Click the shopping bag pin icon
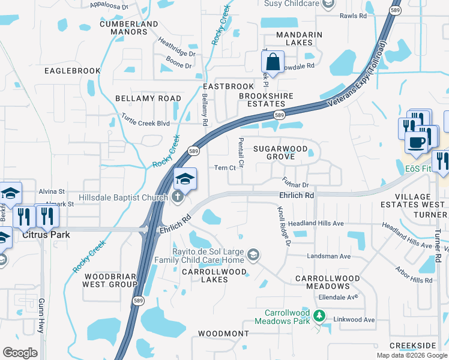(273, 62)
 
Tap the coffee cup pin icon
(416, 142)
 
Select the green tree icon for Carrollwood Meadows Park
(321, 316)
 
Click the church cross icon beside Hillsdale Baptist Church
(177, 197)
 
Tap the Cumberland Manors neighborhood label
(128, 28)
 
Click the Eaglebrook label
(73, 71)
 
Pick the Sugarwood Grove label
(280, 152)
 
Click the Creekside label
(412, 346)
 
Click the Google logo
(20, 352)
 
